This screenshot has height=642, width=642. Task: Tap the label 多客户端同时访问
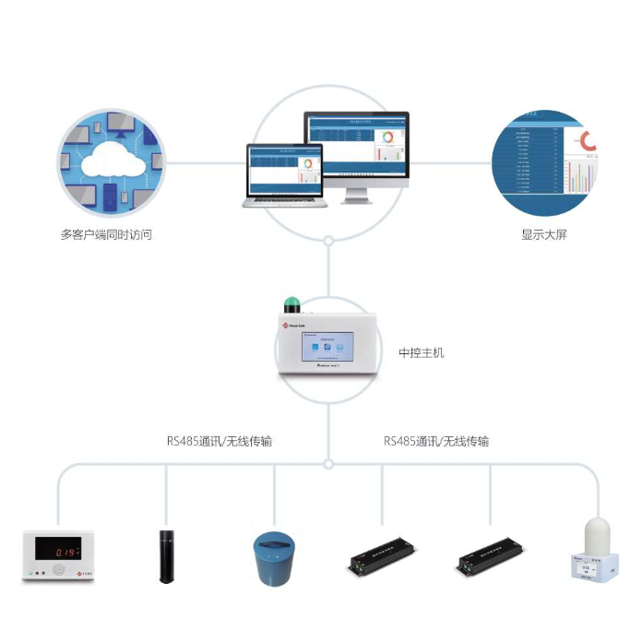pyautogui.click(x=106, y=234)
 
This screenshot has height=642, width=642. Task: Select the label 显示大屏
pyautogui.click(x=544, y=234)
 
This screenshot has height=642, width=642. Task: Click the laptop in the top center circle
pyautogui.click(x=283, y=175)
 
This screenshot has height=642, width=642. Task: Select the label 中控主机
pyautogui.click(x=421, y=352)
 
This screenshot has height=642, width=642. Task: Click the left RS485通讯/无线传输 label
pyautogui.click(x=220, y=441)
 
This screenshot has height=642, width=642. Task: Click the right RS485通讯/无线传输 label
pyautogui.click(x=436, y=441)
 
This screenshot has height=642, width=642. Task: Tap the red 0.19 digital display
pyautogui.click(x=56, y=551)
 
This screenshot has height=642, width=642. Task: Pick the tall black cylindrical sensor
pyautogui.click(x=166, y=556)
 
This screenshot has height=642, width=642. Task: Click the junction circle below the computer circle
pyautogui.click(x=328, y=241)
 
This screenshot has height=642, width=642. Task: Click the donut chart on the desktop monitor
pyautogui.click(x=387, y=137)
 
